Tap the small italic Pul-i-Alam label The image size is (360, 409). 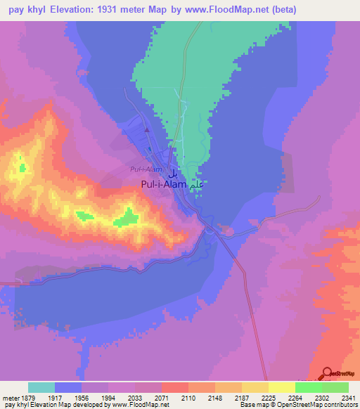click(x=146, y=169)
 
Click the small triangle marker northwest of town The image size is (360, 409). click(x=147, y=129)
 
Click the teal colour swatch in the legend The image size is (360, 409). click(x=41, y=387)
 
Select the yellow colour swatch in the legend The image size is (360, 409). click(x=281, y=387)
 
